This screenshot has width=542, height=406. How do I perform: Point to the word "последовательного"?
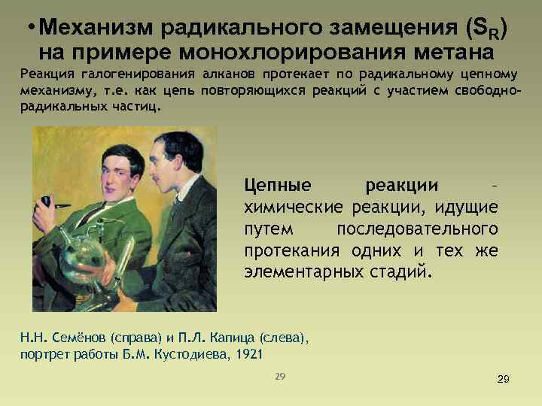[x=417, y=228]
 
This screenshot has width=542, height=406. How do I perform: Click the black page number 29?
[x=504, y=380]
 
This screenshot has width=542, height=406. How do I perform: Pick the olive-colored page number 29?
[x=280, y=375]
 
